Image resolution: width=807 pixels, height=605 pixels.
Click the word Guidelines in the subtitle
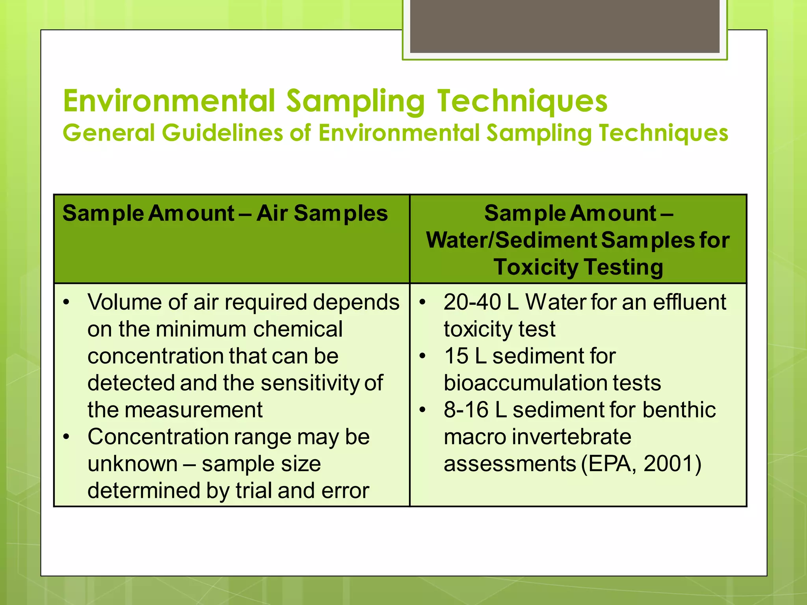coord(223,133)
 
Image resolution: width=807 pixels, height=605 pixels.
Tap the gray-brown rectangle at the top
coord(565,26)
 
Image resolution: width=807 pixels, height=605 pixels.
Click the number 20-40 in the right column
coord(472,302)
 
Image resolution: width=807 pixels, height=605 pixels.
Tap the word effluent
coord(689,302)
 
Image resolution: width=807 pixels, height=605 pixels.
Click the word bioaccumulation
coord(552,383)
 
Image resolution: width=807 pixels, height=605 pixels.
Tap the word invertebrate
coord(572,437)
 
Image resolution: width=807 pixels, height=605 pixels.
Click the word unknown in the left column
coord(132,464)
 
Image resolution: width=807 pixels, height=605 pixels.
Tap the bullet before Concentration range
coord(67,437)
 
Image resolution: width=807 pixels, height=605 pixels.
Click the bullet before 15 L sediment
coord(423,356)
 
